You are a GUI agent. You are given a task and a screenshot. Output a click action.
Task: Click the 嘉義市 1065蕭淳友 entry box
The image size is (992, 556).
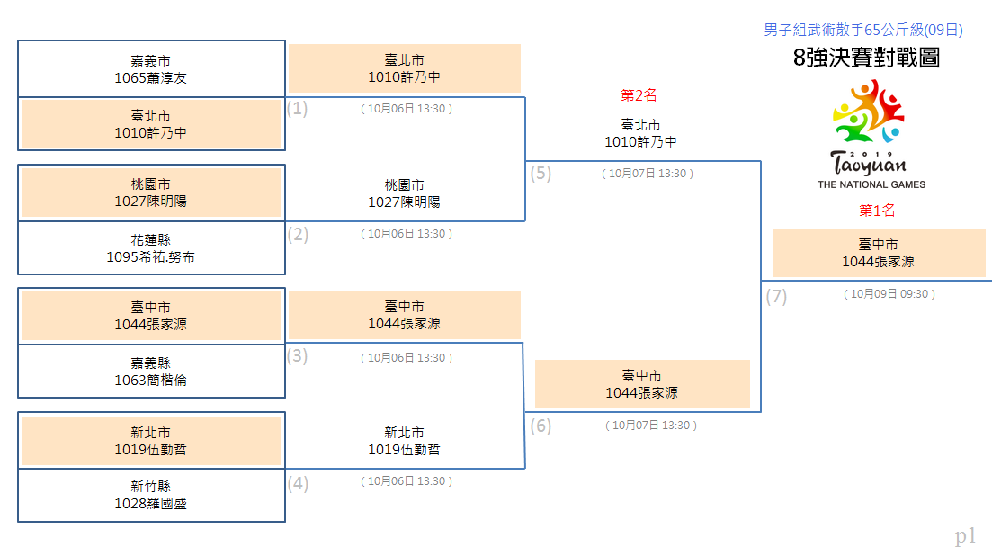[x=151, y=69]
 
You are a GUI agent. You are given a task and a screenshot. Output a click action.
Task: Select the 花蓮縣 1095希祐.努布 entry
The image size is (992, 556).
[x=151, y=248]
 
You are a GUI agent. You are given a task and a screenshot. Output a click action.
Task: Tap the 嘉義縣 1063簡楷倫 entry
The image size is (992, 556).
[x=151, y=372]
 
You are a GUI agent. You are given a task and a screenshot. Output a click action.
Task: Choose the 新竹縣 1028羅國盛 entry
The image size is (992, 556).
[x=151, y=496]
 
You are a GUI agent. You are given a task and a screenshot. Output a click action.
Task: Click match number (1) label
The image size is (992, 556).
[x=298, y=108]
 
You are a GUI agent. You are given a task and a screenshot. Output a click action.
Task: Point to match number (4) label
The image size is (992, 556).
[x=298, y=484]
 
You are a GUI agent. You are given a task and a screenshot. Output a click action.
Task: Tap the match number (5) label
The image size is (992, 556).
[x=541, y=173]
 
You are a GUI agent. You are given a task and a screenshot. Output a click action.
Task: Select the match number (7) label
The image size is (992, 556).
[x=776, y=296]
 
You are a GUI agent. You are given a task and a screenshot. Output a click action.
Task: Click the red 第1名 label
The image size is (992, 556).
[x=877, y=211]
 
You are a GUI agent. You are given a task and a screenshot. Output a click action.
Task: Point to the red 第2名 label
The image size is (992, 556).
[x=639, y=95]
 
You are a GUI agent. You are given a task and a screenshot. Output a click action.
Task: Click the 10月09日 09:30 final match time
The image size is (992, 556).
[x=889, y=294]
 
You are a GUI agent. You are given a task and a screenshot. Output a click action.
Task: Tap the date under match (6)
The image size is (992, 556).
[x=651, y=426]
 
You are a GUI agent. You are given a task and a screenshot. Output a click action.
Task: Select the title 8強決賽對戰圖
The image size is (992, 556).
[x=866, y=58]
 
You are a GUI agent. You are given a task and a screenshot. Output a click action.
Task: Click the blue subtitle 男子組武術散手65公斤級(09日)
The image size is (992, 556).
[x=862, y=30]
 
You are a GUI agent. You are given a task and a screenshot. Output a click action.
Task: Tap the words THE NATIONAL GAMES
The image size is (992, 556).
[x=871, y=184]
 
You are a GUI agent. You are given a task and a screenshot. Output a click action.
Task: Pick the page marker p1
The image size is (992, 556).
[x=965, y=536]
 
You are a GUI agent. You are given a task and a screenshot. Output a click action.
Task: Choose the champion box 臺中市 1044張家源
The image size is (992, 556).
[x=878, y=253]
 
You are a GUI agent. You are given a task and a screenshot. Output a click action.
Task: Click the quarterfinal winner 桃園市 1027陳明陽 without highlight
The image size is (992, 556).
[x=405, y=193]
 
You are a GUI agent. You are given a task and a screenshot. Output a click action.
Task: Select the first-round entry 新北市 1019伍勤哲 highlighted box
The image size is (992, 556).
[x=151, y=441]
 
